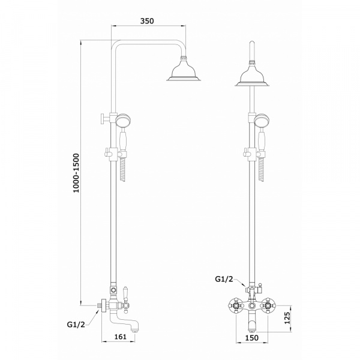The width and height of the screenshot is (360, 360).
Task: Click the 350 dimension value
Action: (x=147, y=21)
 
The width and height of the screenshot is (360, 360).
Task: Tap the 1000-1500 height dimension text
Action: (x=76, y=173)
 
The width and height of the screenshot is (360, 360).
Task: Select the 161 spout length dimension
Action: (x=121, y=337)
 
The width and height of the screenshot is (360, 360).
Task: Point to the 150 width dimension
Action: (x=251, y=338)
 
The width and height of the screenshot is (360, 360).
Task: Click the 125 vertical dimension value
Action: (x=287, y=317)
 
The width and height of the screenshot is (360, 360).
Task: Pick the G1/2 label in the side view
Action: (x=76, y=325)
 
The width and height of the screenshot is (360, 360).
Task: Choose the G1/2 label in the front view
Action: (x=224, y=279)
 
